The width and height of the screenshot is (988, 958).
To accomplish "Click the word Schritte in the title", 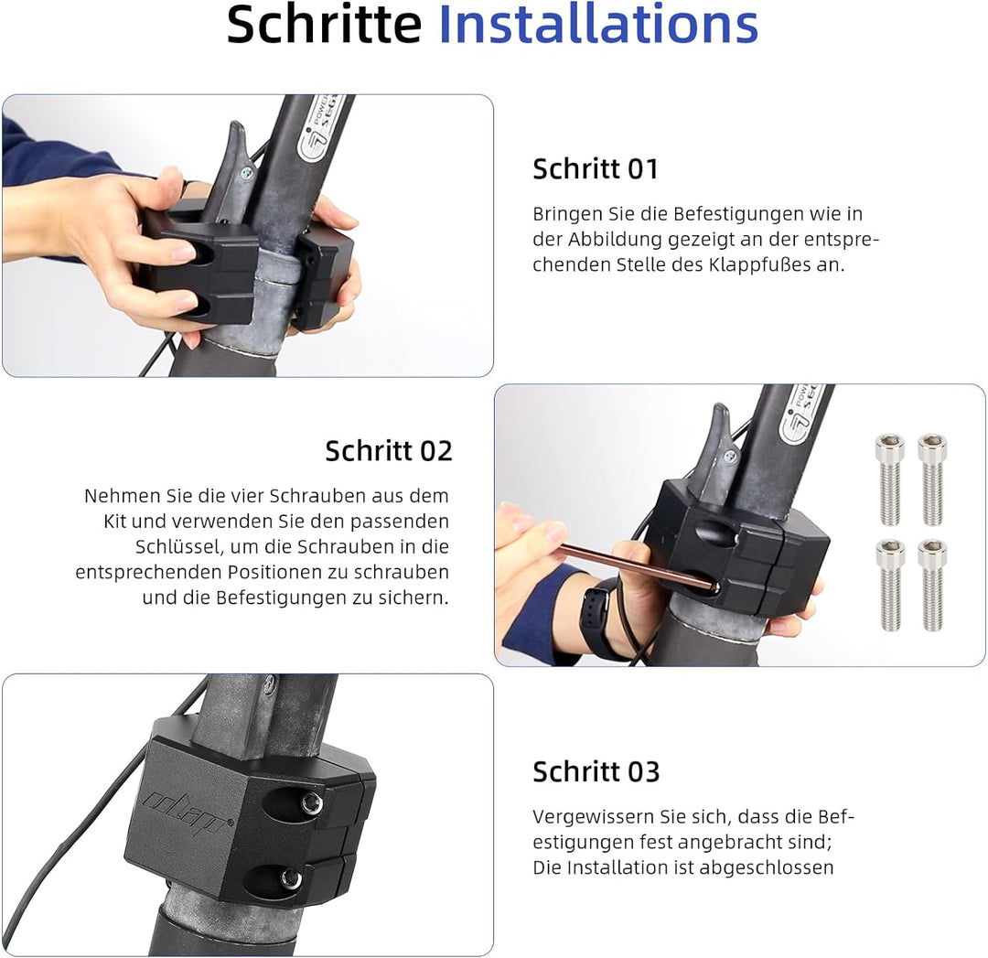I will pos(324,25).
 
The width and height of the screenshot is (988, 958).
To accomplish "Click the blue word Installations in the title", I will pos(598,25).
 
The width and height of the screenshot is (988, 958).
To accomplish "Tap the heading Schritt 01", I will pos(595,169).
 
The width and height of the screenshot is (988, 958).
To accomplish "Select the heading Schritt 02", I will pos(389,451).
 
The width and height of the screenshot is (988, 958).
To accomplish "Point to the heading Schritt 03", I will pos(596,772).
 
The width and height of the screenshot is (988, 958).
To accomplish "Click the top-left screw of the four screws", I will pos(889,478).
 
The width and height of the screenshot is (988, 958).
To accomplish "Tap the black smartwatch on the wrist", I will pos(597,611).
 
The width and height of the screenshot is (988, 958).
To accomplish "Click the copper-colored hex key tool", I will pos(631,565).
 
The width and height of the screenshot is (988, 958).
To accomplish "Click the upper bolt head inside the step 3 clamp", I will pos(311,802).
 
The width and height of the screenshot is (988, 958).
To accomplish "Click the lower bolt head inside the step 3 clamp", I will pos(290,879).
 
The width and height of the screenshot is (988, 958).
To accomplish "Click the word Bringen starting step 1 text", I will pos(563,214).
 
